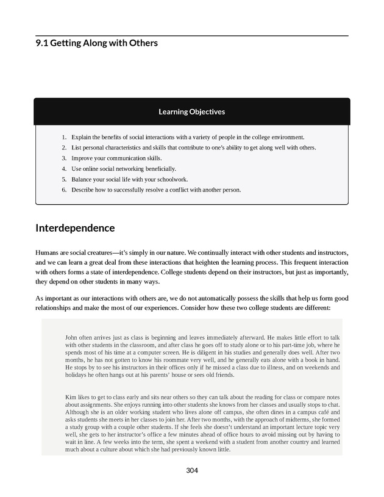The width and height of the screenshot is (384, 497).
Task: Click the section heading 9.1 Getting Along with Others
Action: (x=97, y=43)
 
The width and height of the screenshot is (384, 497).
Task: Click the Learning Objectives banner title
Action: (x=191, y=112)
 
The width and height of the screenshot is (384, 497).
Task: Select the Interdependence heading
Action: (x=75, y=228)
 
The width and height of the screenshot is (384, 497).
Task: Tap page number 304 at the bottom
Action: (x=192, y=470)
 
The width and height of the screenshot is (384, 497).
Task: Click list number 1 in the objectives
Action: (x=64, y=137)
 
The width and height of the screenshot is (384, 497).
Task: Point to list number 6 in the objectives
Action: (x=64, y=190)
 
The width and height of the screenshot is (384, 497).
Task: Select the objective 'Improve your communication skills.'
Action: (x=116, y=158)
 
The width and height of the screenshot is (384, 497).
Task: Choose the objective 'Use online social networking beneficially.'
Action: (x=123, y=168)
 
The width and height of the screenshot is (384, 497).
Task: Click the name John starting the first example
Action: (x=71, y=337)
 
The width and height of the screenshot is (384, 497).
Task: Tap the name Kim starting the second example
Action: (x=70, y=398)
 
